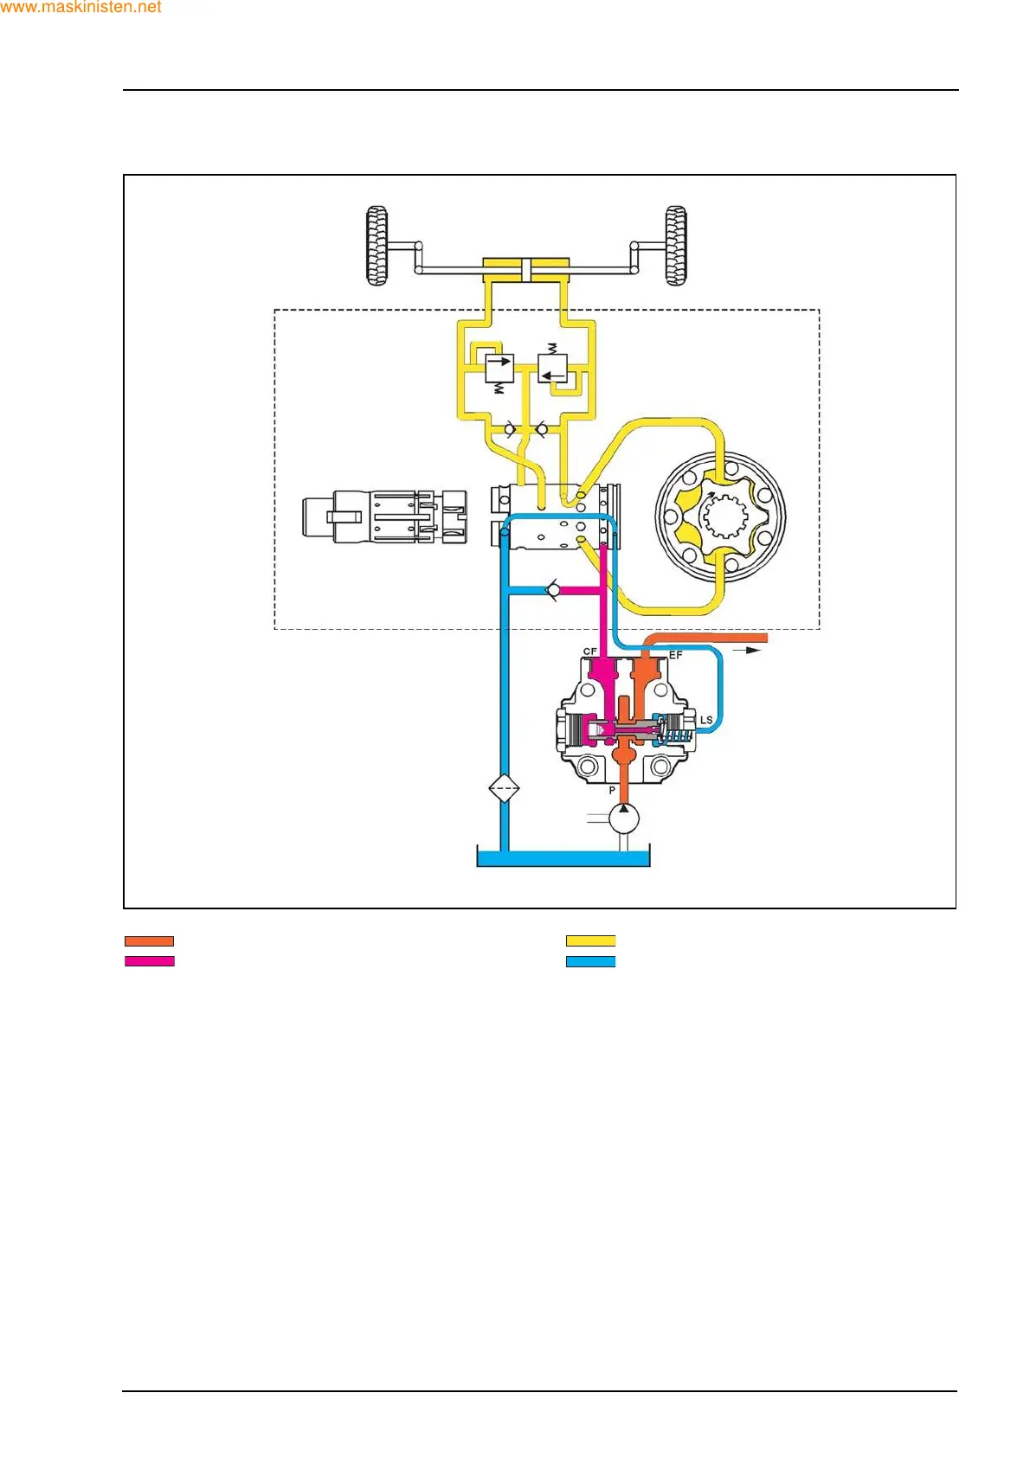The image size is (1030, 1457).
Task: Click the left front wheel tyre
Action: (377, 246)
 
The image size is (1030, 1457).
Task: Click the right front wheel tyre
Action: (676, 246)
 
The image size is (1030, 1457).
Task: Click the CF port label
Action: (589, 651)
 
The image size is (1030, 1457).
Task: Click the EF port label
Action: (675, 655)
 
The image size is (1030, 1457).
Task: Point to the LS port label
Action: (706, 720)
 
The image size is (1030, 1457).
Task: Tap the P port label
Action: (612, 790)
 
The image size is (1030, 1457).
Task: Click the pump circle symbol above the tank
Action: (623, 818)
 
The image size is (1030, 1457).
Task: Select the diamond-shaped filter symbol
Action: (504, 789)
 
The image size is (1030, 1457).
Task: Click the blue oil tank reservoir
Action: (563, 858)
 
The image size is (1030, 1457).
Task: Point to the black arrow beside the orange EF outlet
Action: (747, 649)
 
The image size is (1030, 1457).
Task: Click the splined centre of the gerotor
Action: (723, 518)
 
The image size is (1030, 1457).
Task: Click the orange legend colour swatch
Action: (149, 940)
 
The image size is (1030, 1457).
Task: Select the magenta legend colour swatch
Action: (149, 961)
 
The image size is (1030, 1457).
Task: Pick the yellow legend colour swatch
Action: (590, 940)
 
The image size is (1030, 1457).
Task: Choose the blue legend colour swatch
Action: (590, 961)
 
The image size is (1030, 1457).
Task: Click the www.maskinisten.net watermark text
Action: (80, 8)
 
